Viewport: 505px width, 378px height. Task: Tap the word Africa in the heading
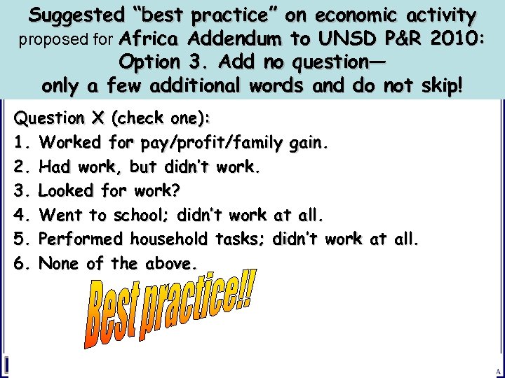[x=151, y=38]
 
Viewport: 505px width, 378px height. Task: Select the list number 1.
[x=20, y=143]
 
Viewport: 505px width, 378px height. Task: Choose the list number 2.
[x=20, y=167]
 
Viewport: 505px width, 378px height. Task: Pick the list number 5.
[x=20, y=240]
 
